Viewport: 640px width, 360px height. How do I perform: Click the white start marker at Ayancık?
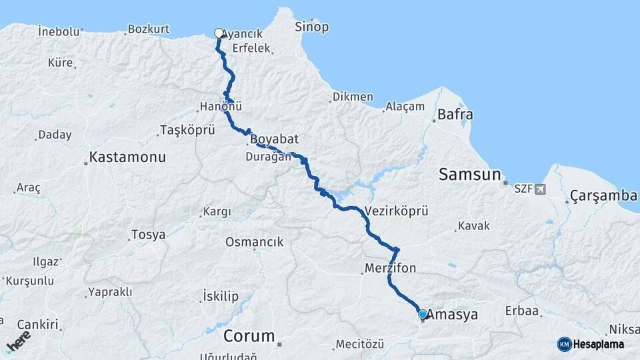point(219,33)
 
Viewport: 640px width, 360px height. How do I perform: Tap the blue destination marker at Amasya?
point(422,313)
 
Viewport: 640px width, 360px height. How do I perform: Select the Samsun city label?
point(469,175)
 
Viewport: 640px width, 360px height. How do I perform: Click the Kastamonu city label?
point(127,158)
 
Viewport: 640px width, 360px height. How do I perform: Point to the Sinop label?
point(311,27)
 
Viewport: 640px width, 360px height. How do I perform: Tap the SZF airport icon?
point(539,189)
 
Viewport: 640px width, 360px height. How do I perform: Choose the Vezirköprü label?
point(396,211)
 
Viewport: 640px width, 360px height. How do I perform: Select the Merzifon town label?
point(391,269)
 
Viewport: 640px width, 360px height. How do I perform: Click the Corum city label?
point(249,336)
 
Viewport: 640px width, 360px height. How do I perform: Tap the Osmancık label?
point(255,242)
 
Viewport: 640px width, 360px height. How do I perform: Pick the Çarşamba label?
point(604,196)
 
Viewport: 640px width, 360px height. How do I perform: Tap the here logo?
point(17,341)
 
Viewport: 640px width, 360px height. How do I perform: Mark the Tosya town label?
point(147,235)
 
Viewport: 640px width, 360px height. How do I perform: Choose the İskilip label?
point(220,296)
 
